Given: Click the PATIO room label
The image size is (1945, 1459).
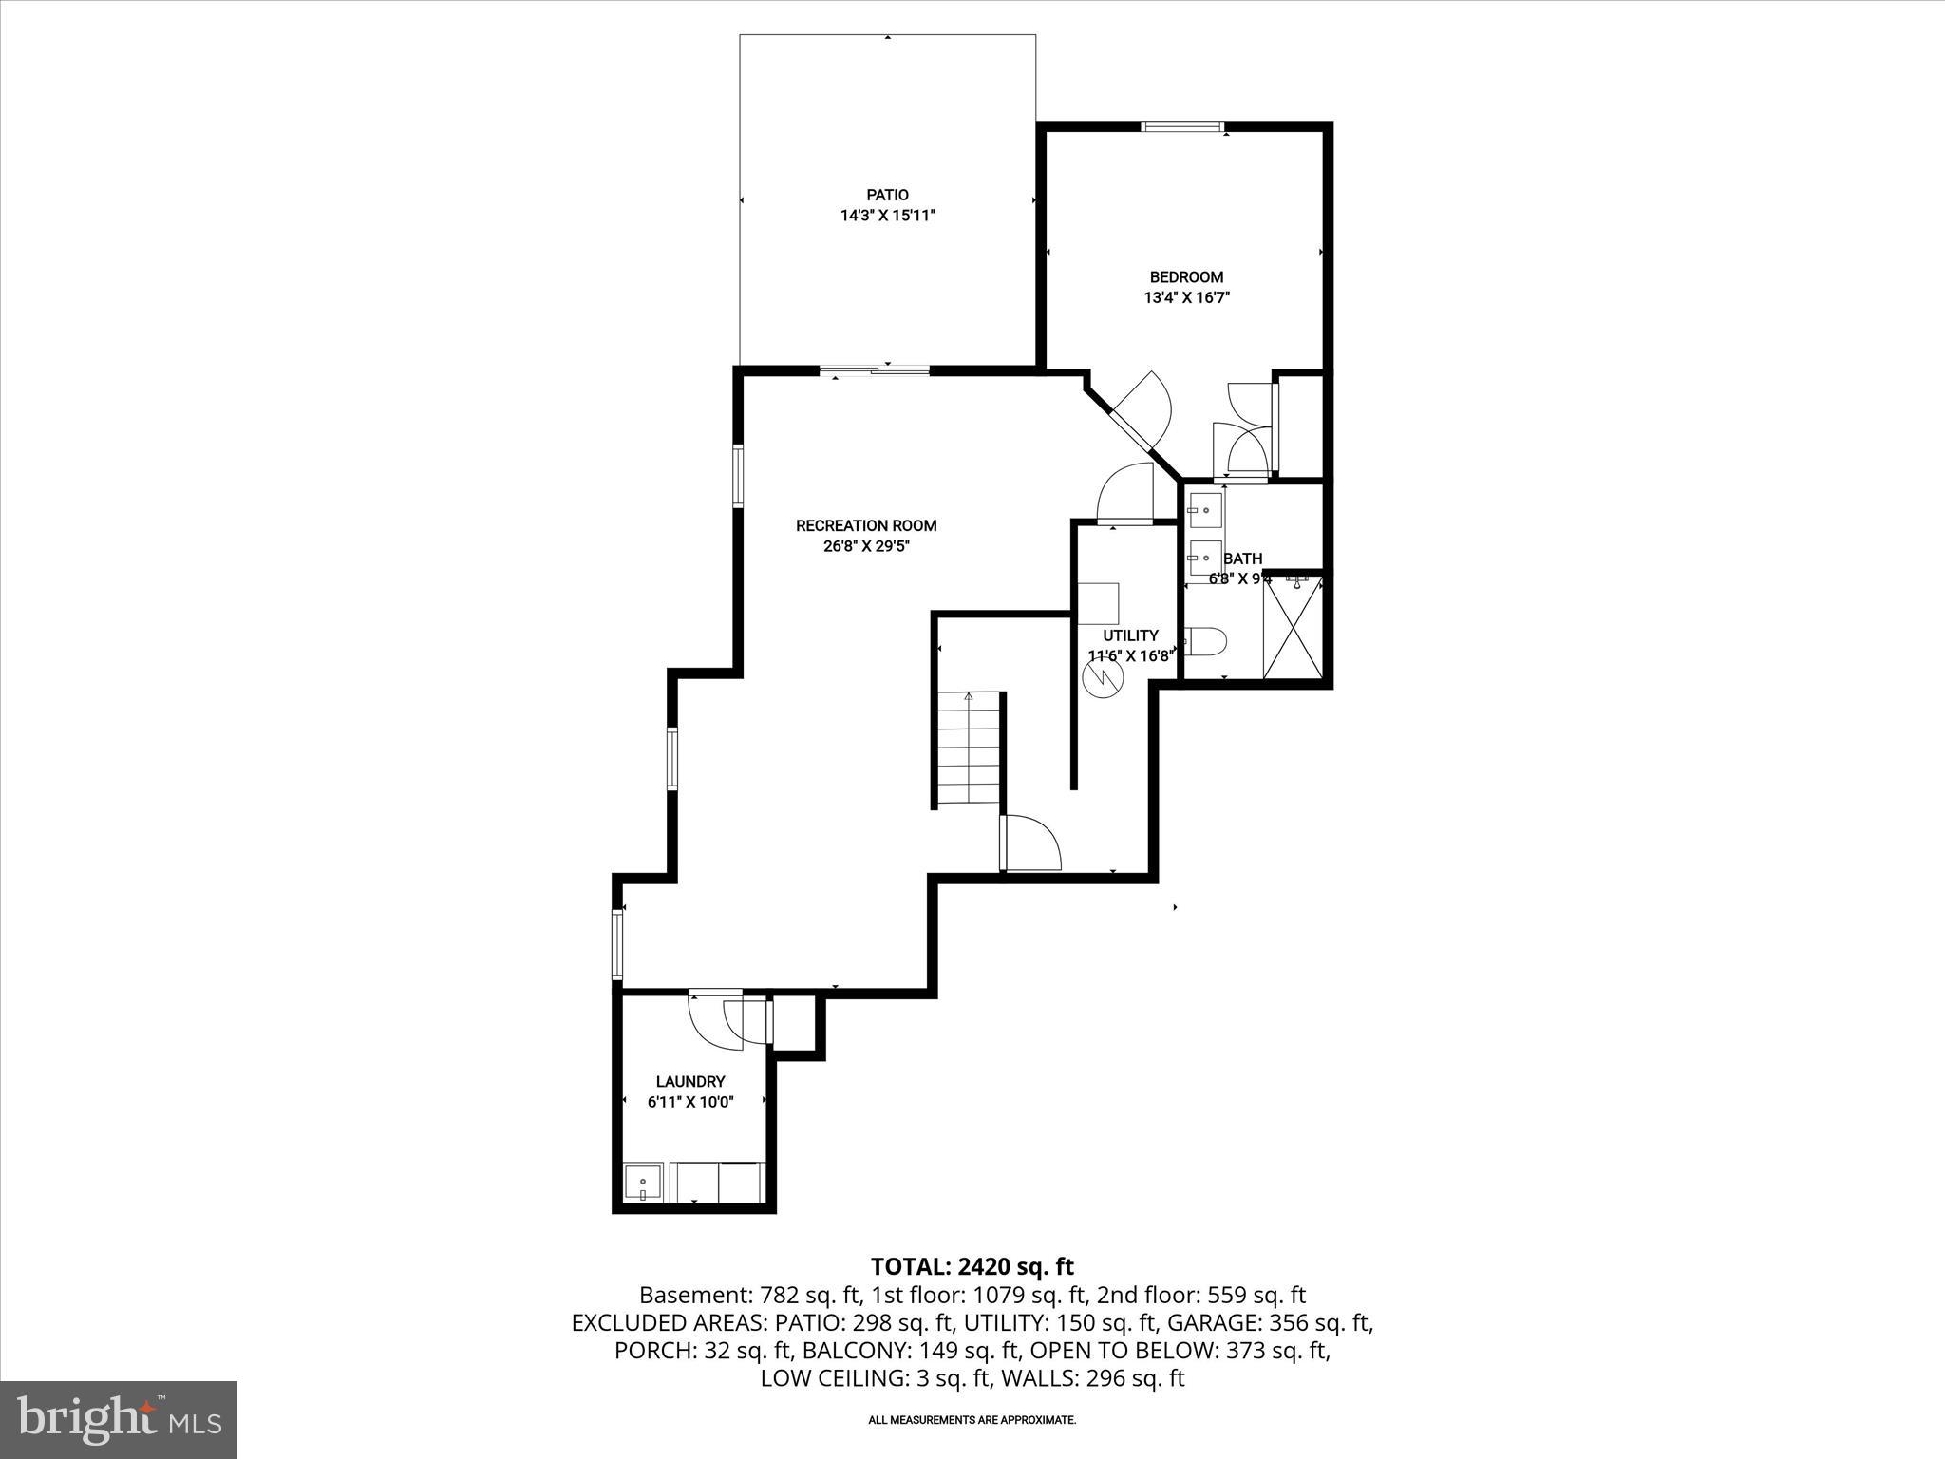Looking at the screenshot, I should (887, 195).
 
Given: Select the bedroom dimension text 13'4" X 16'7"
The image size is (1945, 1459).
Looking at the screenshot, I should (1186, 297).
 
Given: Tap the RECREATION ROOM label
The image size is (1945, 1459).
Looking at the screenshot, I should (865, 525).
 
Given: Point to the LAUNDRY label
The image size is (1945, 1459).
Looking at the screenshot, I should (690, 1081).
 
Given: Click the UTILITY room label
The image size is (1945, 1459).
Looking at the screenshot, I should (1130, 635).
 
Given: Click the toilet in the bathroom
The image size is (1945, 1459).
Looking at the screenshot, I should (1207, 642).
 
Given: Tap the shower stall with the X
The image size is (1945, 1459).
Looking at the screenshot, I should (1293, 628).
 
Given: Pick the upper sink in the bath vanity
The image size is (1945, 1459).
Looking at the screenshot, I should (1205, 510).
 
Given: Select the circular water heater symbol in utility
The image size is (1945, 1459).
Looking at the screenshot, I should (1103, 676).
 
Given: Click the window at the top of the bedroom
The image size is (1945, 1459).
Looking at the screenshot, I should (1182, 126).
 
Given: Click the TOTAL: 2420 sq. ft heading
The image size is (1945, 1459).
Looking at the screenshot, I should (972, 1266).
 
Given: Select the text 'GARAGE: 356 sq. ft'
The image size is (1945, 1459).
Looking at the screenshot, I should (1270, 1322).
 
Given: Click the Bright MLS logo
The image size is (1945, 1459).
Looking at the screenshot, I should (119, 1419).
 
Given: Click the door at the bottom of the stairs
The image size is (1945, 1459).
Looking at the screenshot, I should (1029, 844).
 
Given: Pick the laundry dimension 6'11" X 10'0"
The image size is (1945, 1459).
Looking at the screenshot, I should (690, 1102).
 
